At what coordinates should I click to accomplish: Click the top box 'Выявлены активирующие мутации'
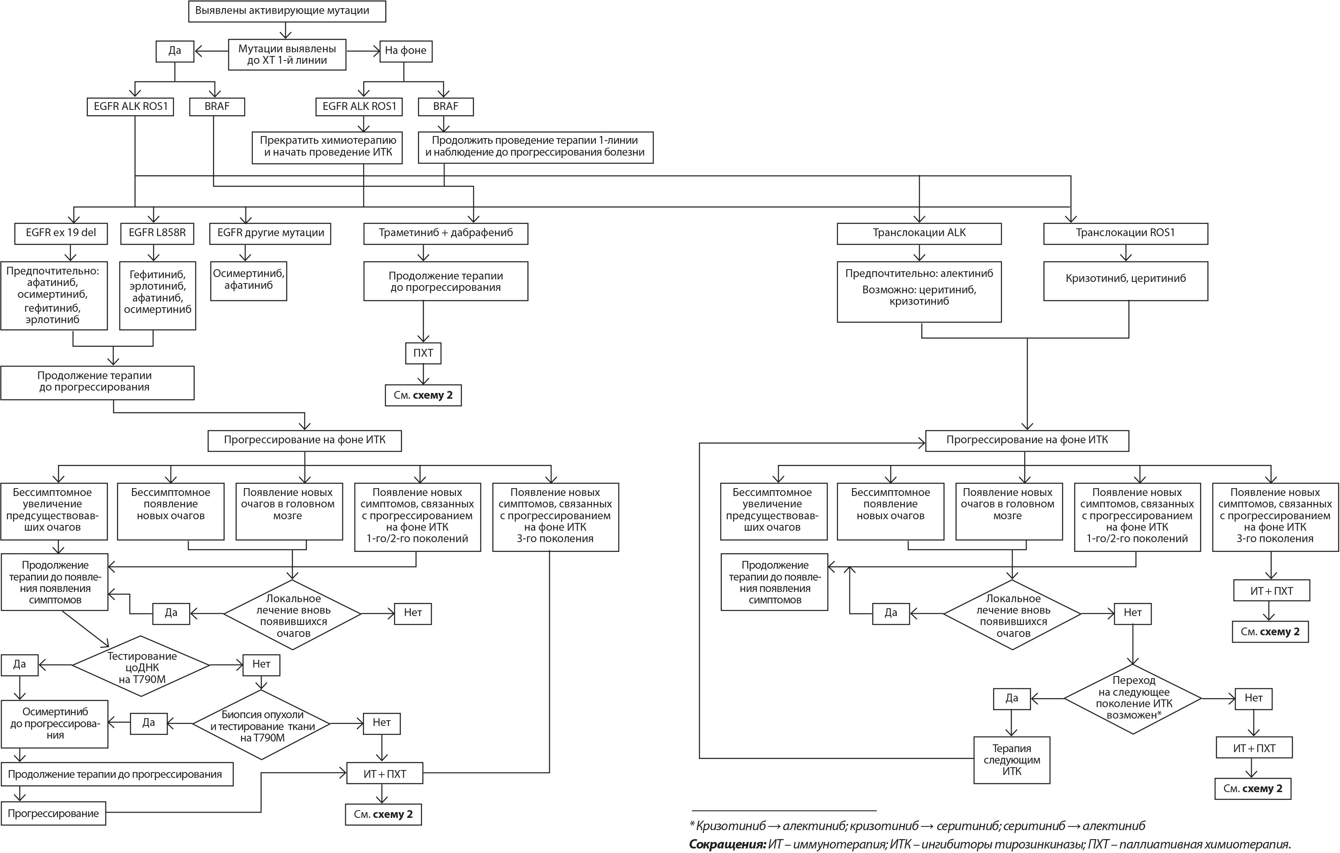click(287, 11)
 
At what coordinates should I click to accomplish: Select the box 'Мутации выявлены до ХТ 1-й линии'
click(287, 54)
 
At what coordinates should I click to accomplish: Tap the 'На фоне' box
click(406, 51)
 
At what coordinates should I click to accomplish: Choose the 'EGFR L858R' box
click(157, 233)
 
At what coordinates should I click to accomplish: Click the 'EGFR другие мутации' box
click(270, 233)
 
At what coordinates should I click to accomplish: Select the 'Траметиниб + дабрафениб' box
click(446, 233)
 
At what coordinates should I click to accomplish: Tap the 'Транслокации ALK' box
click(919, 233)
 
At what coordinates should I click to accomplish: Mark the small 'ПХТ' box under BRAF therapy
click(424, 353)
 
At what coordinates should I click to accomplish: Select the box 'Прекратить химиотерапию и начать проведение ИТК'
click(327, 147)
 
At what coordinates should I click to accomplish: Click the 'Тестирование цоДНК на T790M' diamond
click(141, 666)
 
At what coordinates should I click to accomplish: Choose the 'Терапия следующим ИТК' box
click(1012, 760)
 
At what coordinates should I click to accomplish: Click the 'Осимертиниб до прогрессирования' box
click(54, 724)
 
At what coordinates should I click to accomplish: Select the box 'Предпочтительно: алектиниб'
click(919, 292)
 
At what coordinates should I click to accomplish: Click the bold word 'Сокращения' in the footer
click(728, 844)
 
